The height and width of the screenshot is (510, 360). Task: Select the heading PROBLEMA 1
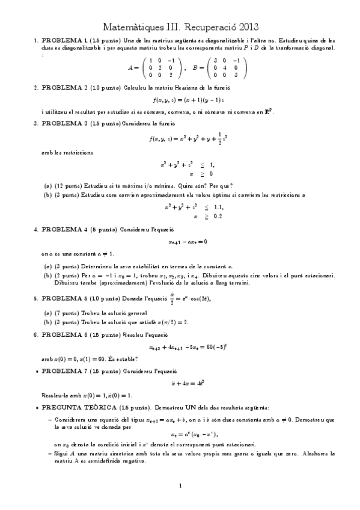[63, 40]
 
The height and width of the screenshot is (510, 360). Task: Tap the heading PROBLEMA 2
[63, 87]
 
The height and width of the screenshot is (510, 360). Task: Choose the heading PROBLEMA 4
[63, 229]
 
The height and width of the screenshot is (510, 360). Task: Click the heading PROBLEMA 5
[63, 298]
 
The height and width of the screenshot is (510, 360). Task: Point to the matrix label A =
[133, 68]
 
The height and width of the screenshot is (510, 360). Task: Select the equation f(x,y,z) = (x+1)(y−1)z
[180, 99]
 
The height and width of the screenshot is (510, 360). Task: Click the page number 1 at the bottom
[180, 485]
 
